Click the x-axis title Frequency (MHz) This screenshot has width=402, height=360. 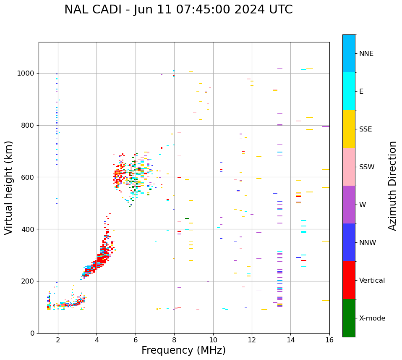click(x=183, y=350)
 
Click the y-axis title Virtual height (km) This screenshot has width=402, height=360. click(x=9, y=187)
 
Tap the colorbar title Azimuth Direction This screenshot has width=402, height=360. click(x=392, y=186)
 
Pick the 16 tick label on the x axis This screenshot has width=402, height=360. click(x=329, y=340)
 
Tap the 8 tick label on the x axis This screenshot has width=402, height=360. click(x=174, y=340)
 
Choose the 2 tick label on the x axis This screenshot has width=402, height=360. click(x=58, y=340)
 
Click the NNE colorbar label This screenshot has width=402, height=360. click(x=366, y=54)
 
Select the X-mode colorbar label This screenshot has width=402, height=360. click(x=372, y=318)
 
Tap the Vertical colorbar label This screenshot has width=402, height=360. click(x=372, y=281)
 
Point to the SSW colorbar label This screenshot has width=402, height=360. click(x=367, y=167)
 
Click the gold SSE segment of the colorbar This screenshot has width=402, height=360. click(x=349, y=129)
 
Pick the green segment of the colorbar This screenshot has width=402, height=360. click(x=349, y=318)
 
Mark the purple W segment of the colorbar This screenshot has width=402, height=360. click(x=349, y=205)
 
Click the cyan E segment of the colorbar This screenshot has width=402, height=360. click(x=349, y=91)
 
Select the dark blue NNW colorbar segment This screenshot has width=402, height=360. click(x=349, y=242)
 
